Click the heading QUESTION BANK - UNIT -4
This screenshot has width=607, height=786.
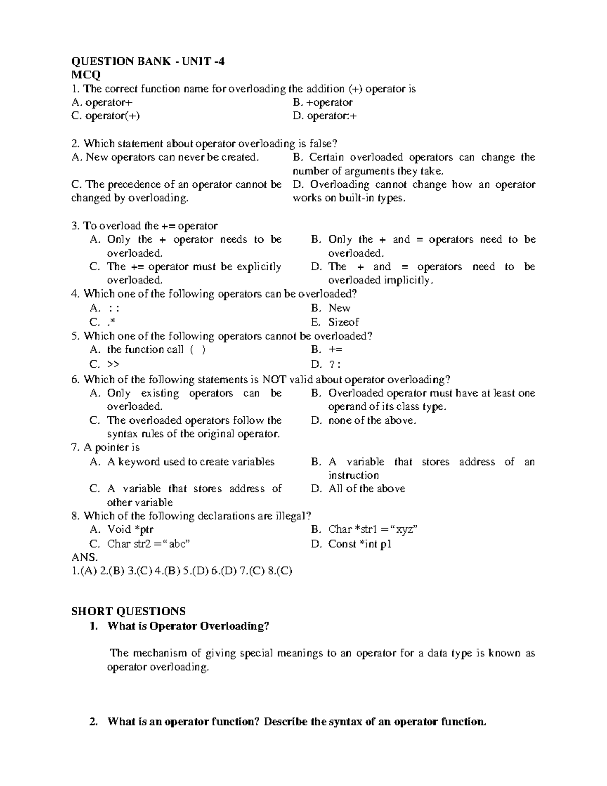click(148, 62)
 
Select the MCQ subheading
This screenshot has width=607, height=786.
click(86, 75)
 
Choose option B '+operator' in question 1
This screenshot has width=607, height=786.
click(323, 103)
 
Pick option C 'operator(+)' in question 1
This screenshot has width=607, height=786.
click(106, 116)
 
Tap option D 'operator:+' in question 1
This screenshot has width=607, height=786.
click(325, 116)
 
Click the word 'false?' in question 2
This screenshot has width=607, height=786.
click(321, 144)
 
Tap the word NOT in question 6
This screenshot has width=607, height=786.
click(273, 380)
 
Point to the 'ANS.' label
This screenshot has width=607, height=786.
click(84, 557)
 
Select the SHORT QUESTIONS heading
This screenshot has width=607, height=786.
click(128, 611)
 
